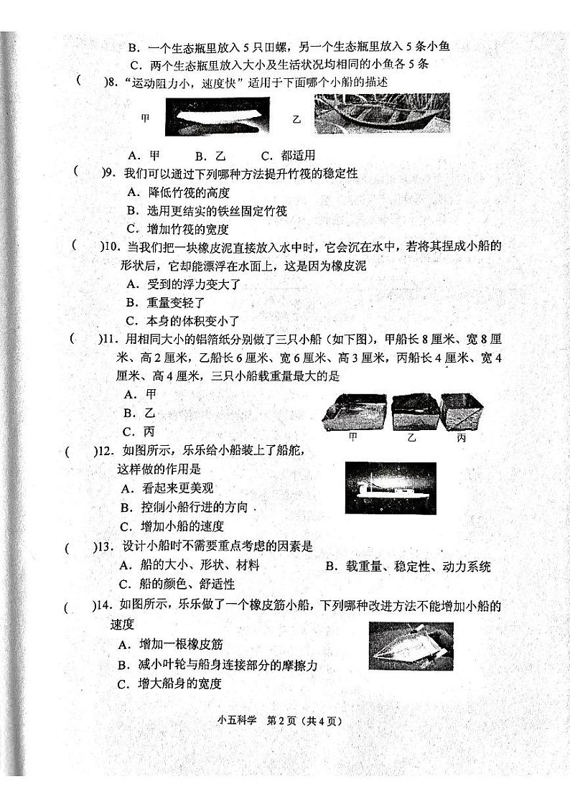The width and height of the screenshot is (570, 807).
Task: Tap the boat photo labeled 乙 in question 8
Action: click(381, 113)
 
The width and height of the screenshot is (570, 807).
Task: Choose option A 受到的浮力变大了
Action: click(183, 284)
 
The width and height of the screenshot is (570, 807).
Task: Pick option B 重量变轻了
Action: click(166, 303)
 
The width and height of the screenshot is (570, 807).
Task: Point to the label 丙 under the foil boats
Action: click(461, 437)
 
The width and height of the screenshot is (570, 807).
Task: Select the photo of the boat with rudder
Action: click(391, 488)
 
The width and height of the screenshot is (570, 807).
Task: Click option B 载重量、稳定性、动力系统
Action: click(408, 566)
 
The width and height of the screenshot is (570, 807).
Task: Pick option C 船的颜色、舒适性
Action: click(177, 584)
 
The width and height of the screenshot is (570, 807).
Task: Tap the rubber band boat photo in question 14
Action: click(411, 645)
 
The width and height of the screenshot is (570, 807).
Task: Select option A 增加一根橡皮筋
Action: click(173, 645)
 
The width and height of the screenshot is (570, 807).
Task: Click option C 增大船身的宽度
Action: click(169, 684)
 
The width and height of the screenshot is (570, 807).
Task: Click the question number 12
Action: click(107, 451)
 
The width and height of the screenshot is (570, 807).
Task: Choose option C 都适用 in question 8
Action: click(289, 155)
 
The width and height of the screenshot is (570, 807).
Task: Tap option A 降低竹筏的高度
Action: click(178, 192)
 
